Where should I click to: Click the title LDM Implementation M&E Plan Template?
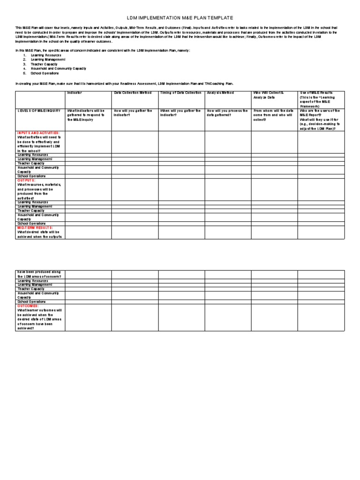click(x=180, y=17)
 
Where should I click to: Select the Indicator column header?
click(x=75, y=93)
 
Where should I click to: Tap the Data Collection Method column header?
click(x=133, y=93)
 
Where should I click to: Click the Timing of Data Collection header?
click(x=180, y=93)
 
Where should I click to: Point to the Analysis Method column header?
click(x=220, y=93)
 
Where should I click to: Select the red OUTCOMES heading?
click(x=30, y=306)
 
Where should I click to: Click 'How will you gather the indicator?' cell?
click(x=133, y=113)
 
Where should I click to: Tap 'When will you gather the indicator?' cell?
click(x=180, y=113)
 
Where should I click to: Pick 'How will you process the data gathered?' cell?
click(x=227, y=113)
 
